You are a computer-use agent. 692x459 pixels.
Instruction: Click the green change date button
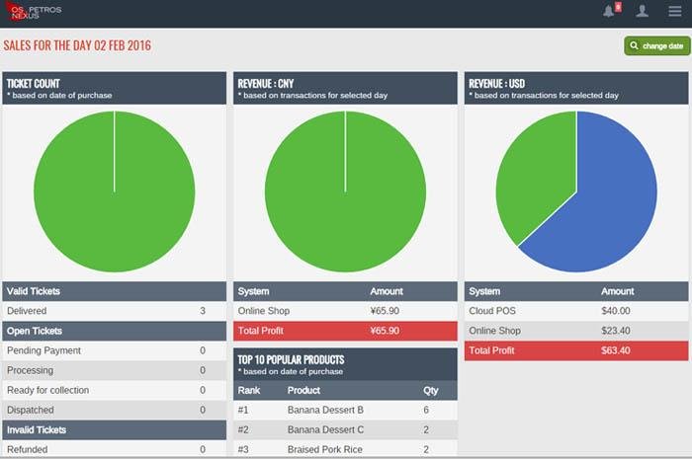(656, 46)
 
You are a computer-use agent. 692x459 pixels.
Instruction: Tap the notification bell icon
(609, 12)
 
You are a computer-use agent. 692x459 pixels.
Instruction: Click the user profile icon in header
(643, 12)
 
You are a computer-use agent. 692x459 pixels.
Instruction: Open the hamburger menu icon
(675, 12)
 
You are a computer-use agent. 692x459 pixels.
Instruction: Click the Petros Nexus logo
(32, 13)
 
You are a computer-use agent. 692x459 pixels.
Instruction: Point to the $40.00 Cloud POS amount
(616, 311)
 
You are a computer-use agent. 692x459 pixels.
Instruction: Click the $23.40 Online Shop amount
(616, 331)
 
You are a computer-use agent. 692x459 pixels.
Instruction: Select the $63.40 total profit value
(616, 350)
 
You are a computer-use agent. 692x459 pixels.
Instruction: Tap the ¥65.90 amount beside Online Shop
(385, 311)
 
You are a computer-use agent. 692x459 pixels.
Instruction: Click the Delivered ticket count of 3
(203, 311)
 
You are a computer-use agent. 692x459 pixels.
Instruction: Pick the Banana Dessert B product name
(325, 410)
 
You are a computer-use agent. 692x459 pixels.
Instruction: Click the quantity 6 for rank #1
(426, 410)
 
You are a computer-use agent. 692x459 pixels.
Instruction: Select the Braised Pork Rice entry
(326, 449)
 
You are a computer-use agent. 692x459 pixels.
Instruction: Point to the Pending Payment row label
(43, 350)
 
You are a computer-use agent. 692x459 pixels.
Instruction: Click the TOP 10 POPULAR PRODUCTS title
(291, 360)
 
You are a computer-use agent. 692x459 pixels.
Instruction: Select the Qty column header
(430, 391)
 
